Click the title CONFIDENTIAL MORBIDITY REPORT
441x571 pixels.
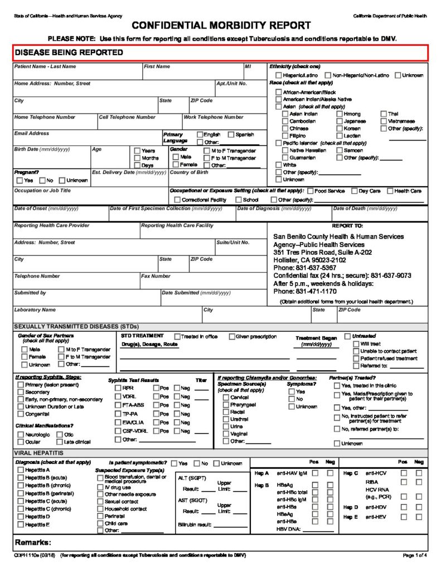click(x=221, y=26)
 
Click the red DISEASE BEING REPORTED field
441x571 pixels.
click(x=221, y=52)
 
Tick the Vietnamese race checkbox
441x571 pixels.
click(x=383, y=121)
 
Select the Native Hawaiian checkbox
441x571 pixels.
click(x=285, y=151)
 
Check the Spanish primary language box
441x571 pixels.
click(x=231, y=135)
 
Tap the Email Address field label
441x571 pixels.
click(x=32, y=134)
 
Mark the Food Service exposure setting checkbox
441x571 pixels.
click(x=310, y=191)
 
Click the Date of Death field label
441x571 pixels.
click(x=365, y=209)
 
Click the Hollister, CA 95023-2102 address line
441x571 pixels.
click(x=309, y=260)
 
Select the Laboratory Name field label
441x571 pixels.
click(x=35, y=310)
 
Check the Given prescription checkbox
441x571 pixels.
click(x=232, y=337)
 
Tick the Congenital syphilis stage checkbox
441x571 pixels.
click(x=21, y=414)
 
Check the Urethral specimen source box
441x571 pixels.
click(x=225, y=419)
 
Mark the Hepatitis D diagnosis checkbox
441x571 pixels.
click(x=20, y=517)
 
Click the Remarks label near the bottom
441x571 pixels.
click(x=33, y=543)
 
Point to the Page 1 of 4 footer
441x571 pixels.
click(x=415, y=556)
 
